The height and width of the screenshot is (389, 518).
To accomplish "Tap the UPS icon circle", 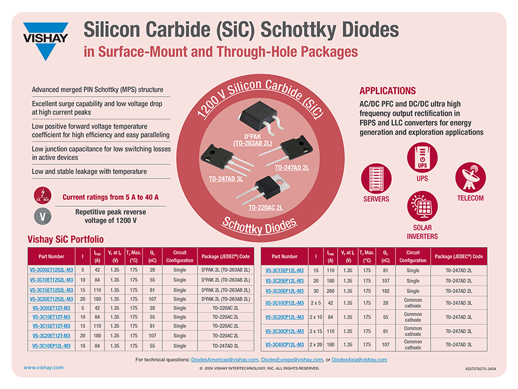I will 422,156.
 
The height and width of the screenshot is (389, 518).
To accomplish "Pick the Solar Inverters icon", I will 423,206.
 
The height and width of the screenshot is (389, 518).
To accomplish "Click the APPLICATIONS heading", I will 388,90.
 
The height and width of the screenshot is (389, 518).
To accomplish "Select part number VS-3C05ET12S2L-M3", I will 52,270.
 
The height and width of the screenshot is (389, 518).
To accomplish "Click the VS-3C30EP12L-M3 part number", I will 284,291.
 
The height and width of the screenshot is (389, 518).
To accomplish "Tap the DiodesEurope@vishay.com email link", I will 292,359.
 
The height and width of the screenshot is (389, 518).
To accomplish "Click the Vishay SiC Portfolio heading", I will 65,239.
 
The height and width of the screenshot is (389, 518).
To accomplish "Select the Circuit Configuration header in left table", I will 179,256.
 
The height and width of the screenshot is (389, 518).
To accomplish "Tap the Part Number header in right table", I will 284,256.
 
